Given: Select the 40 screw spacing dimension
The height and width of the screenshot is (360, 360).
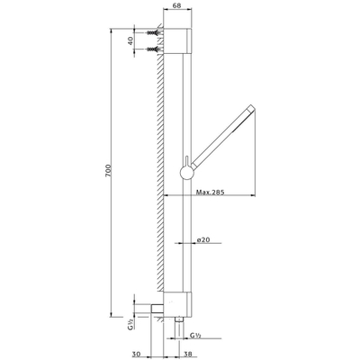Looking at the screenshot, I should [x=131, y=42].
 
